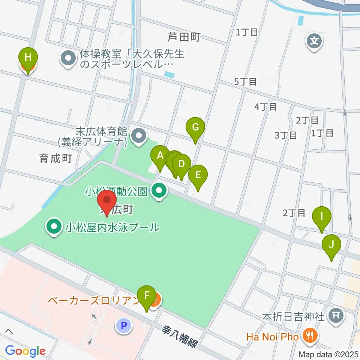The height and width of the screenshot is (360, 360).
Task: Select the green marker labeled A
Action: [160, 155]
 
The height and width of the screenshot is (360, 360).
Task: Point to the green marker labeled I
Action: [321, 217]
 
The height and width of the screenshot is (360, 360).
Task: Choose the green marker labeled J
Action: [331, 245]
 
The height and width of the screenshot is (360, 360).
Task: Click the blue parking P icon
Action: [124, 325]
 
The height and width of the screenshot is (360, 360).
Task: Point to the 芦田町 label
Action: [184, 37]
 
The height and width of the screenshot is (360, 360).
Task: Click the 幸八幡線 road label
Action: [179, 336]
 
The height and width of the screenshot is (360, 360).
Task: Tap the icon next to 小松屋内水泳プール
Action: [54, 227]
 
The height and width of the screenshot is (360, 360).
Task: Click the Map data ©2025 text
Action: [328, 354]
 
